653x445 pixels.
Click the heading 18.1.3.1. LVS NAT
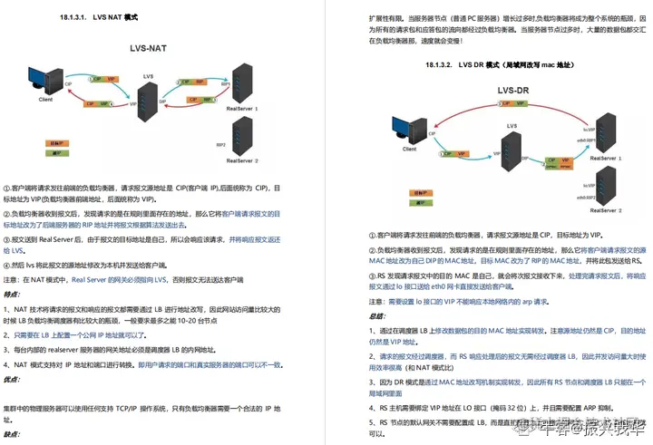tap(97, 17)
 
